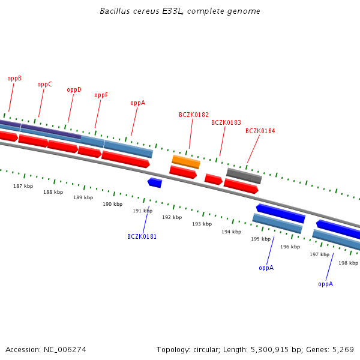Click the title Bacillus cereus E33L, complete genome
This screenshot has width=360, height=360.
pyautogui.click(x=180, y=11)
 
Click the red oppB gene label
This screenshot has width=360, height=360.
pyautogui.click(x=14, y=79)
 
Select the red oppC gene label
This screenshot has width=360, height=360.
pyautogui.click(x=44, y=85)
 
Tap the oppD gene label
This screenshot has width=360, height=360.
pyautogui.click(x=74, y=90)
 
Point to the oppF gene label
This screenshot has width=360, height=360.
pyautogui.click(x=101, y=95)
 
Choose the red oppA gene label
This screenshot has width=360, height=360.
pyautogui.click(x=137, y=103)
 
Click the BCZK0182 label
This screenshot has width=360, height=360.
pyautogui.click(x=194, y=115)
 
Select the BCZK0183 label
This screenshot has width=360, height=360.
pyautogui.click(x=226, y=123)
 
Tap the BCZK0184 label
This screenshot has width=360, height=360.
pyautogui.click(x=260, y=131)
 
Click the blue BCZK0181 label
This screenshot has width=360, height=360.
pyautogui.click(x=142, y=237)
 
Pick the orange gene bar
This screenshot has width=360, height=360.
pyautogui.click(x=186, y=161)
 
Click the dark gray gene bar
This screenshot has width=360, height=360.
pyautogui.click(x=244, y=176)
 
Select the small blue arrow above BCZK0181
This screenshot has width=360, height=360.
pyautogui.click(x=155, y=182)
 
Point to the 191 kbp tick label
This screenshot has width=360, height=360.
pyautogui.click(x=142, y=211)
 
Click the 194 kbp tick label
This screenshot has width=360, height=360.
pyautogui.click(x=231, y=232)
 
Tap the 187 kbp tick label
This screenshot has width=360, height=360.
pyautogui.click(x=23, y=187)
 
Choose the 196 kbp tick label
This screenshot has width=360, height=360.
pyautogui.click(x=290, y=247)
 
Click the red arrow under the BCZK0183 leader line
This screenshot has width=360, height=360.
pyautogui.click(x=213, y=179)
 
